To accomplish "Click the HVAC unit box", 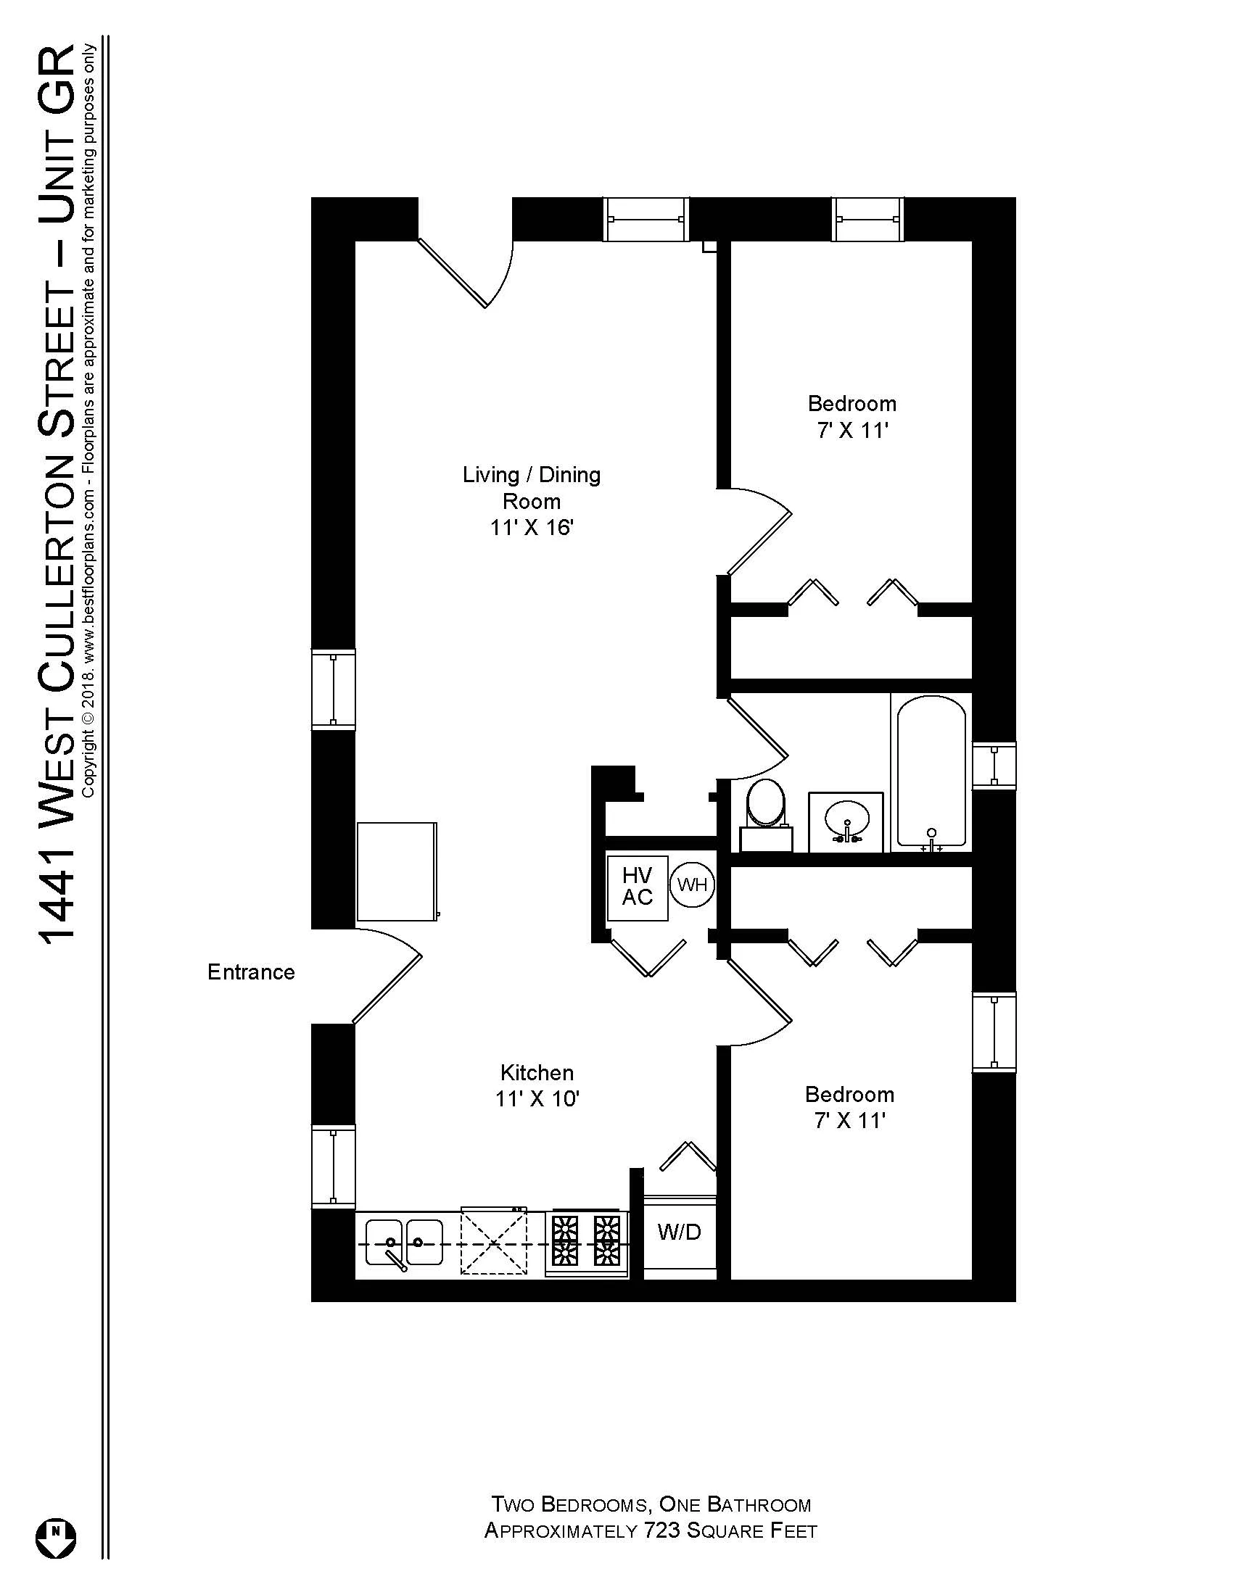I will coord(637,887).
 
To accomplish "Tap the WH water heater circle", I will coord(692,884).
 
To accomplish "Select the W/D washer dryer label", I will coord(680,1232).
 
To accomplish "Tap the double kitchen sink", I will coord(404,1242).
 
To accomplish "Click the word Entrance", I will coord(250,972).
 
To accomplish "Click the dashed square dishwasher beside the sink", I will coord(494,1241).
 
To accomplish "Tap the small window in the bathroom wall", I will coord(994,765).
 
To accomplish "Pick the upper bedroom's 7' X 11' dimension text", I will coord(851,431).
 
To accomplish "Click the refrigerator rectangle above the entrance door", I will coord(397,871).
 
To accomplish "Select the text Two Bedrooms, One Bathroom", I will coord(650,1504).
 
